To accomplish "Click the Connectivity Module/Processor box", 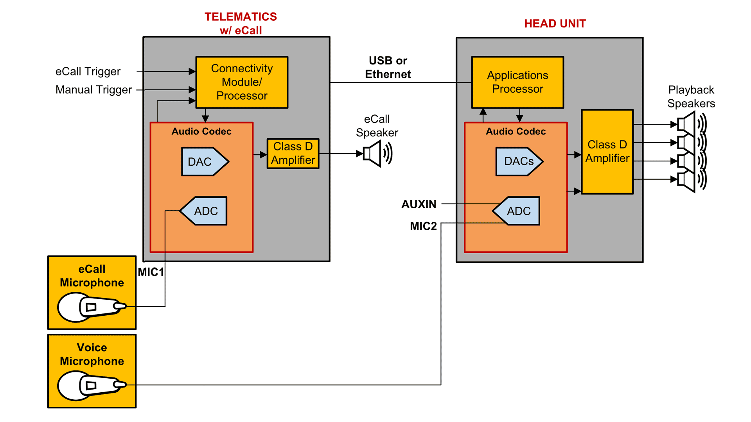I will tap(242, 82).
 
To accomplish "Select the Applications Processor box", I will tap(517, 82).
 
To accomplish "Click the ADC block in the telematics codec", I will tap(204, 211).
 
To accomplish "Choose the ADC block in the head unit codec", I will tap(517, 211).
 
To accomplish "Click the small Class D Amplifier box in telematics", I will tap(293, 154).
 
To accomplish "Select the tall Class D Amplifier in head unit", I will tap(607, 152).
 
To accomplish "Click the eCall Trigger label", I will tap(88, 72).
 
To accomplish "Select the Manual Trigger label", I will tap(93, 90).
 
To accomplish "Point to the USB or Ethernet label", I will tap(388, 67).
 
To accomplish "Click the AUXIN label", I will tap(419, 204).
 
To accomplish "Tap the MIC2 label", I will tap(423, 226).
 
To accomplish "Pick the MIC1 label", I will tap(151, 272).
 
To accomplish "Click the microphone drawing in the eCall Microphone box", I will tap(92, 307).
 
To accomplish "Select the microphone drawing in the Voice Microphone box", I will tap(92, 386).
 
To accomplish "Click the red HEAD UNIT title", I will tap(555, 24).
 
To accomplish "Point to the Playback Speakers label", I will tap(691, 97).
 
